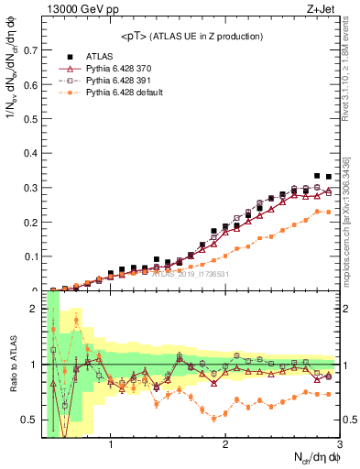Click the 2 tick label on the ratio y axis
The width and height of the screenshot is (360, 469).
pyautogui.click(x=35, y=309)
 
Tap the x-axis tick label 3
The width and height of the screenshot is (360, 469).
pyautogui.click(x=339, y=445)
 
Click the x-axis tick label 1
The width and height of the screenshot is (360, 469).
pyautogui.click(x=111, y=445)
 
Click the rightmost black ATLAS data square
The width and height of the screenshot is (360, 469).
pyautogui.click(x=328, y=177)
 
